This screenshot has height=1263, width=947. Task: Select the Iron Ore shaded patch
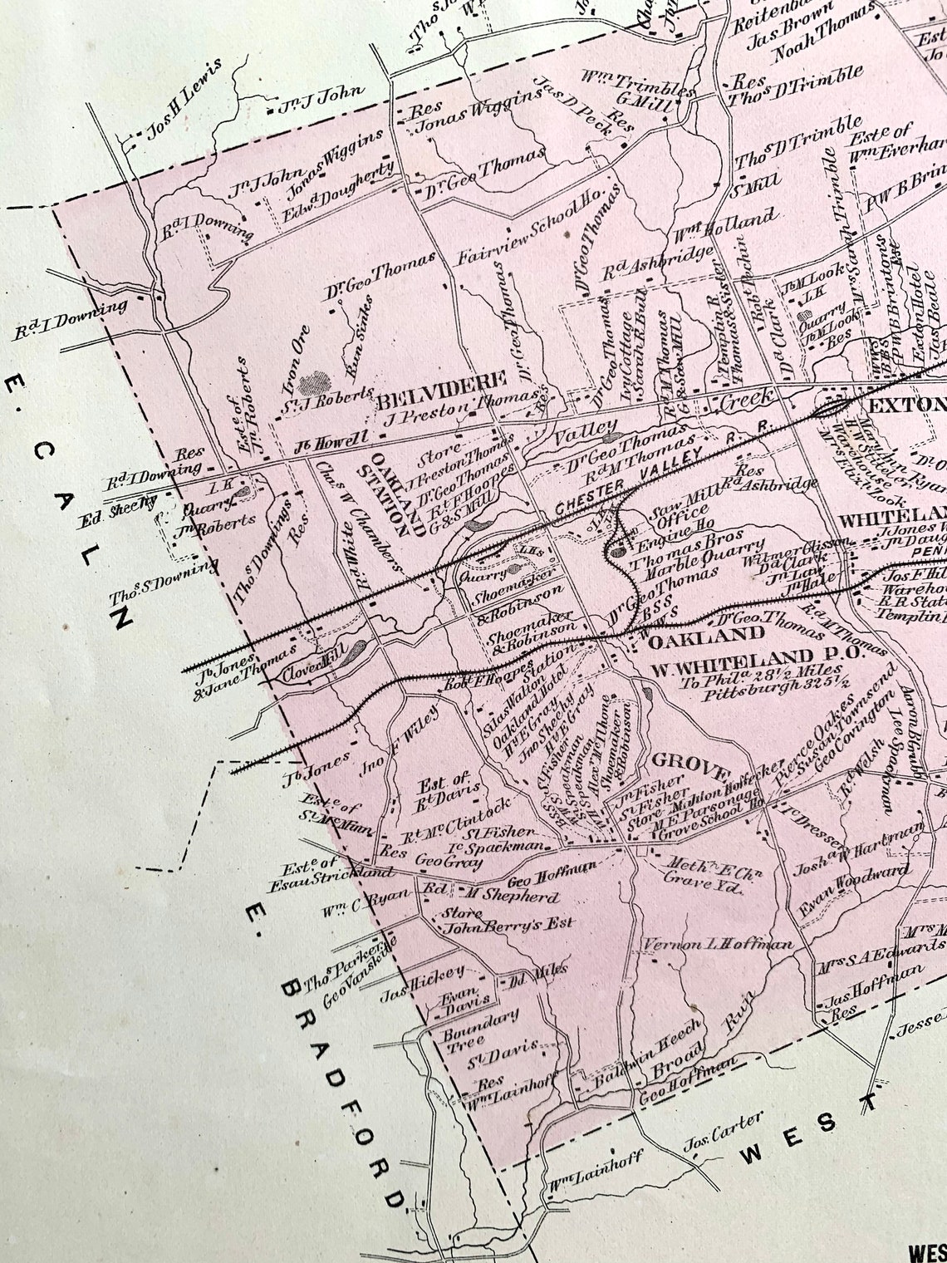pos(316,383)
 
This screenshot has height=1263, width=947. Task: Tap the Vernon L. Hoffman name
pos(719,945)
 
